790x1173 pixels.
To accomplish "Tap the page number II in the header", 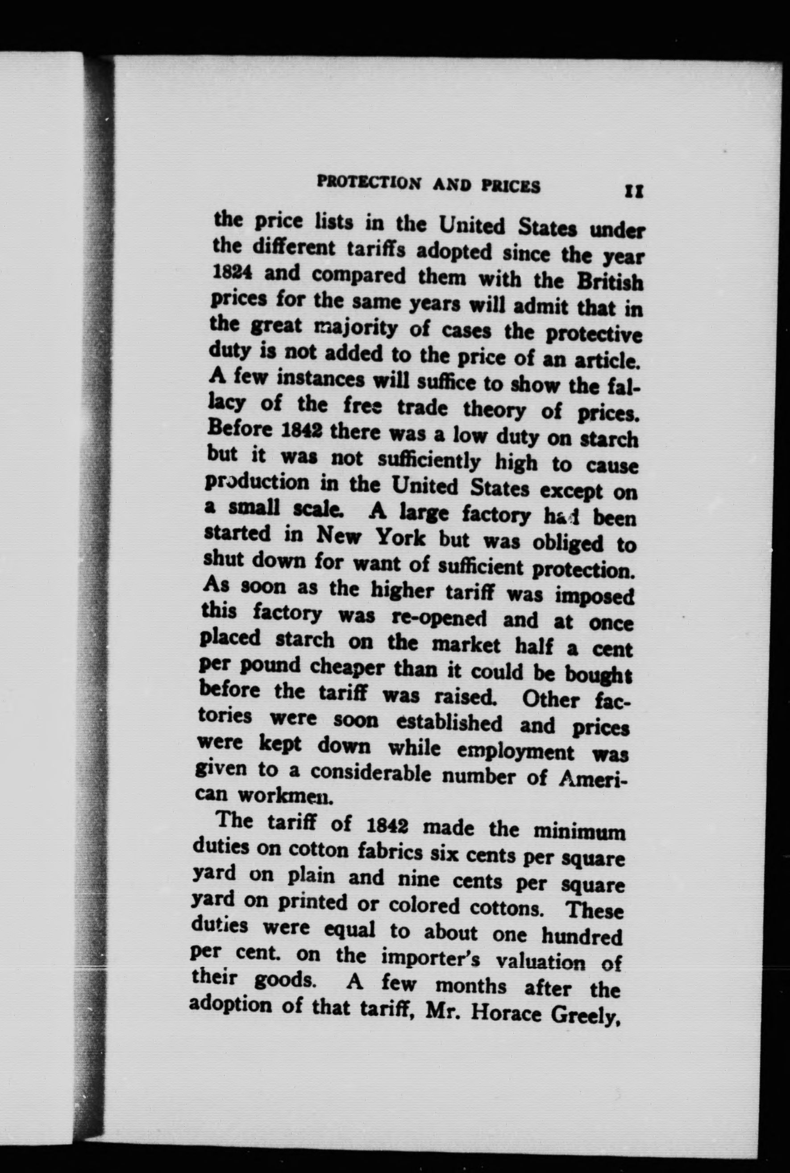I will (x=633, y=192).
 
